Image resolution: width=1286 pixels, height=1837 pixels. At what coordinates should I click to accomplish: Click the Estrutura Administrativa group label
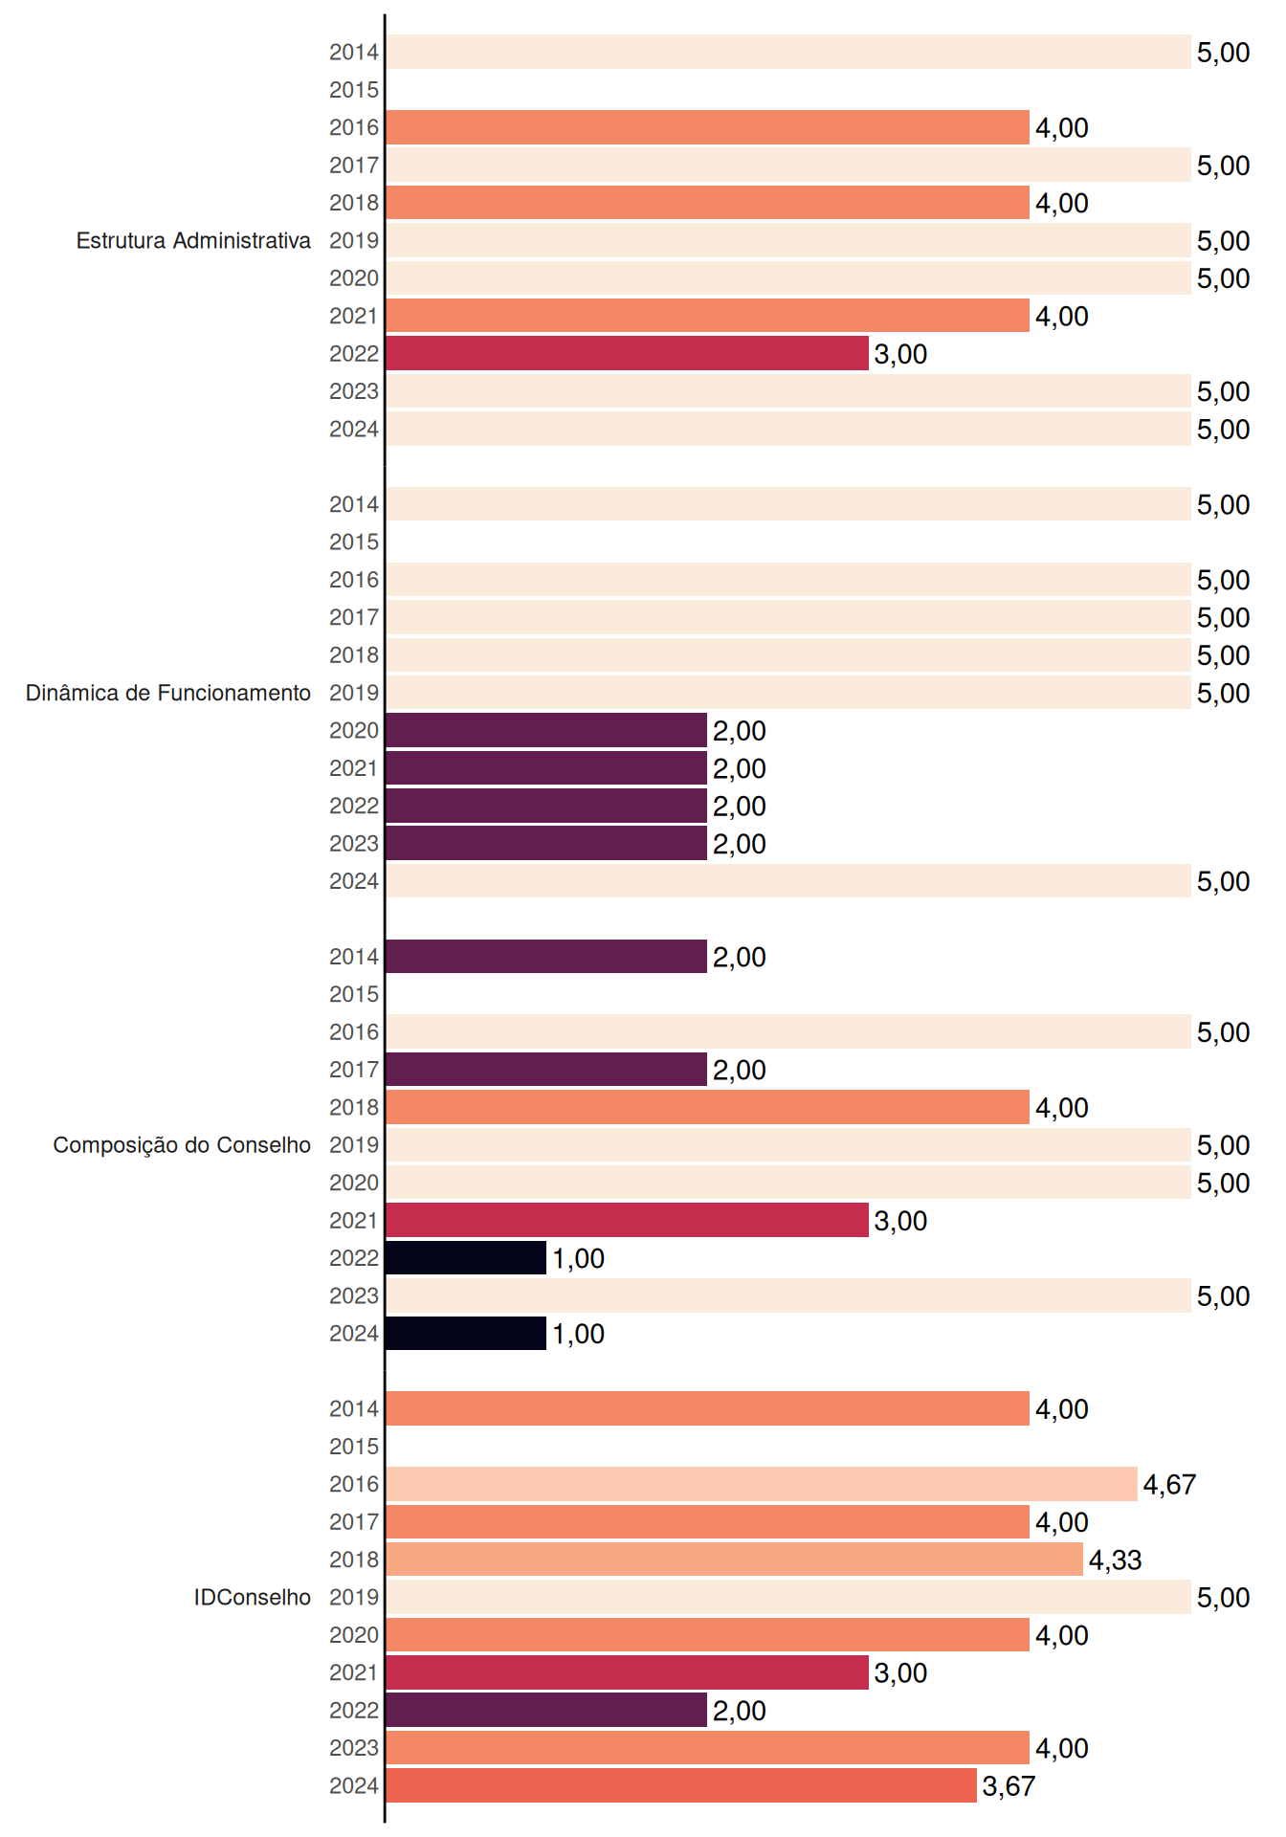(x=193, y=240)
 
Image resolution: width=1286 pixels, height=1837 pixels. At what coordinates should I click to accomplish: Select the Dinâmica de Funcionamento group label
(x=168, y=693)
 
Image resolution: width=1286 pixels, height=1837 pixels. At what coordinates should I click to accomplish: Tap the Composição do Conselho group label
(x=182, y=1145)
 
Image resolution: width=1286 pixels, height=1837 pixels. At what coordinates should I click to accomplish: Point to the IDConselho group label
(x=253, y=1597)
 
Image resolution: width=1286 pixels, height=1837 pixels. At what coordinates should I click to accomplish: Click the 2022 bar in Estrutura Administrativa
(x=627, y=353)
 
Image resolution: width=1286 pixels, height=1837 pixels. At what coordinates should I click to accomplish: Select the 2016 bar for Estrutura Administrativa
(x=707, y=127)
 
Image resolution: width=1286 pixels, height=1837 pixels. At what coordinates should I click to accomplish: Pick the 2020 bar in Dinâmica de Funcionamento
(x=546, y=730)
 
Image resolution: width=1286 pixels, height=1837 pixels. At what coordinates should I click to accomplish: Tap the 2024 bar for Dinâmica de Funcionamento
(x=788, y=881)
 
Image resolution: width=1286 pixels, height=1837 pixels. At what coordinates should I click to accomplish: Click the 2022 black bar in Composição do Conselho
(x=466, y=1258)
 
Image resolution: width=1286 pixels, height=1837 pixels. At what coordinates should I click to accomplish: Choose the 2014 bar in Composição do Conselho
(x=546, y=957)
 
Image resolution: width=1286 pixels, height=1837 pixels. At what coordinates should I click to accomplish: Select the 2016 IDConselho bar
(x=762, y=1484)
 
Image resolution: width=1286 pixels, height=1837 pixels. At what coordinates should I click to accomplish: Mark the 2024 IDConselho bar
(x=681, y=1785)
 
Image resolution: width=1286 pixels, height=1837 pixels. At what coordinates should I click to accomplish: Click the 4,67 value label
(x=1169, y=1485)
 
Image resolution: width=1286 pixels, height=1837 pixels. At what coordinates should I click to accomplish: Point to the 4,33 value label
(x=1116, y=1560)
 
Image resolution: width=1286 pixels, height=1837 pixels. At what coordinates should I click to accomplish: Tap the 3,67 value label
(x=1009, y=1786)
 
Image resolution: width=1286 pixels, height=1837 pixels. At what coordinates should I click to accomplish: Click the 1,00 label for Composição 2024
(x=578, y=1334)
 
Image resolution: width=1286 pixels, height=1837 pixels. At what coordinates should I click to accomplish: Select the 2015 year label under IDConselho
(x=354, y=1447)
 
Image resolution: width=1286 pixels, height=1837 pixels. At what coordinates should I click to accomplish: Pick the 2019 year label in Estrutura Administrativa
(x=354, y=240)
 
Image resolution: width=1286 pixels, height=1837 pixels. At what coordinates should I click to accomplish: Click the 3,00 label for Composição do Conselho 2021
(x=900, y=1221)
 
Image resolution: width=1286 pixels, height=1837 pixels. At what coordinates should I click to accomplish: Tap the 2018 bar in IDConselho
(x=734, y=1560)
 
